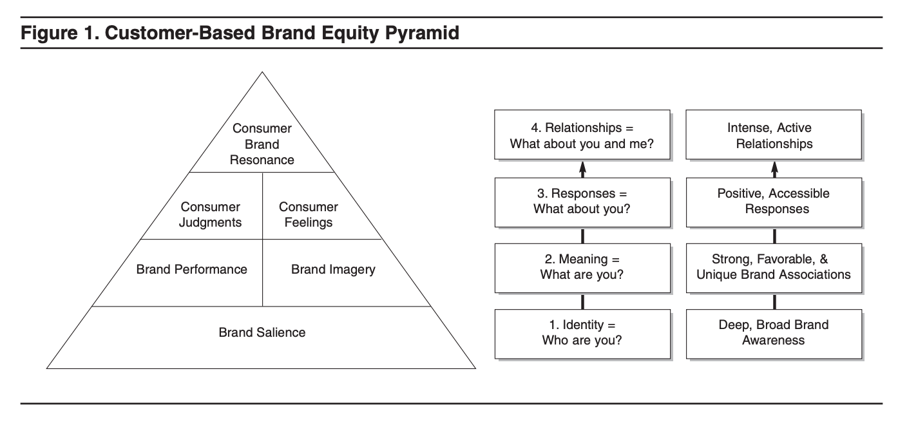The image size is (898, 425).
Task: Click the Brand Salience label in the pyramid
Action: [x=262, y=333]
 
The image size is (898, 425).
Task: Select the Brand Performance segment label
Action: [x=191, y=270]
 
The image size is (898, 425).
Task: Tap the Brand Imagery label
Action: [x=332, y=270]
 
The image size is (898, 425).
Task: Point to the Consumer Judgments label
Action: [x=211, y=215]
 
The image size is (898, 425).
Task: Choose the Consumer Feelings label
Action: [x=308, y=215]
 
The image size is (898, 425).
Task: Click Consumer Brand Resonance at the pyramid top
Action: [x=262, y=145]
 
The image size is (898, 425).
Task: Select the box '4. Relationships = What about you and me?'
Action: [x=582, y=135]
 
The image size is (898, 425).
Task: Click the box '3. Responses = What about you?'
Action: [x=582, y=202]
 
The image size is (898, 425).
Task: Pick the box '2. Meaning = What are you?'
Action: [x=582, y=267]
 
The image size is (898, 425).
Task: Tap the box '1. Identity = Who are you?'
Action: [x=582, y=334]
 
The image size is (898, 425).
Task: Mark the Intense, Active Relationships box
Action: [x=774, y=135]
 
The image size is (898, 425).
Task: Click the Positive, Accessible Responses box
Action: [x=774, y=202]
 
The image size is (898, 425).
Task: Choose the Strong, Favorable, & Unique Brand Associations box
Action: [x=774, y=267]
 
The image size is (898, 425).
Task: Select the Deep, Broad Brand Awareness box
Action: [x=774, y=334]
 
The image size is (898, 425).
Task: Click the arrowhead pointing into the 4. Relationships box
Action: [x=582, y=167]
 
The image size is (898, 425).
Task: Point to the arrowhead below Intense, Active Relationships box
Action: [x=774, y=167]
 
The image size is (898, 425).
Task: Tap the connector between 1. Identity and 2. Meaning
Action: [x=582, y=301]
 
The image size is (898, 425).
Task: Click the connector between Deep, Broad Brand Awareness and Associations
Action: [x=774, y=301]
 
